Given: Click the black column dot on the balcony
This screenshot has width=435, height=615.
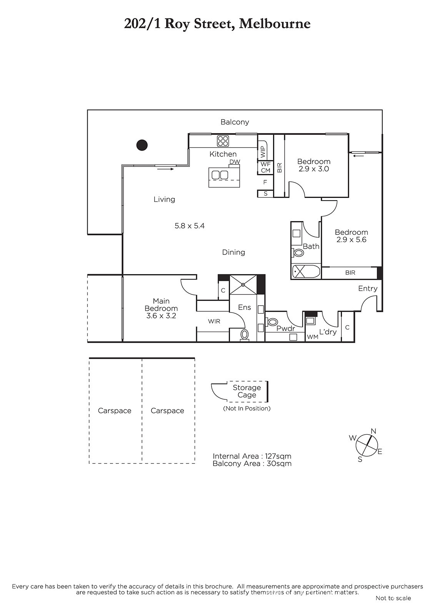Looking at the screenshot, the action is click(x=142, y=145).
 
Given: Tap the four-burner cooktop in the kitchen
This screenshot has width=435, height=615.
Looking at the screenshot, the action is click(x=223, y=141).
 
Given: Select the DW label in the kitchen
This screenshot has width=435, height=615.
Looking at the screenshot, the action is click(x=235, y=162).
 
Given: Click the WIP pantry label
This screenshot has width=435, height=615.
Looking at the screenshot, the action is click(x=263, y=151).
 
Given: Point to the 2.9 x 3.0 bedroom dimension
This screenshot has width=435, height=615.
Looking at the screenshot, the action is click(x=313, y=169).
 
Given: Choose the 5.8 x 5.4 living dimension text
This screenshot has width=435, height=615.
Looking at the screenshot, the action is click(x=190, y=226).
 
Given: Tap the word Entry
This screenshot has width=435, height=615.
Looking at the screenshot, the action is click(x=368, y=289).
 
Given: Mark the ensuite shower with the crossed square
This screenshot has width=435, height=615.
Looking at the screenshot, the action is click(x=243, y=284).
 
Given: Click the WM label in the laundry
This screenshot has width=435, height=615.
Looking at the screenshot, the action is click(x=312, y=337).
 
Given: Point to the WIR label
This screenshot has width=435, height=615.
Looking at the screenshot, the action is click(x=214, y=321).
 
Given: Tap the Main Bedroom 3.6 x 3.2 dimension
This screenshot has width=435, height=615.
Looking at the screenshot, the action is click(x=161, y=316).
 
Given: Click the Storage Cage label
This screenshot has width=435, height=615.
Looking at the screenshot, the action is click(x=247, y=391).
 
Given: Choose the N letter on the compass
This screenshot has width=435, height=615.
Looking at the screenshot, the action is click(x=373, y=431).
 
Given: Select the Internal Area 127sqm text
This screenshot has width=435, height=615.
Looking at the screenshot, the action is click(x=252, y=456).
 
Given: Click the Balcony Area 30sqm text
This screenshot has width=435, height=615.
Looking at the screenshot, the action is click(x=252, y=464).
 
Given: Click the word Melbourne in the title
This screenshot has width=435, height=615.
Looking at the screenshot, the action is click(x=275, y=23).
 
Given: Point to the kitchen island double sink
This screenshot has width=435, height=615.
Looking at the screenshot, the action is click(x=219, y=175).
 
